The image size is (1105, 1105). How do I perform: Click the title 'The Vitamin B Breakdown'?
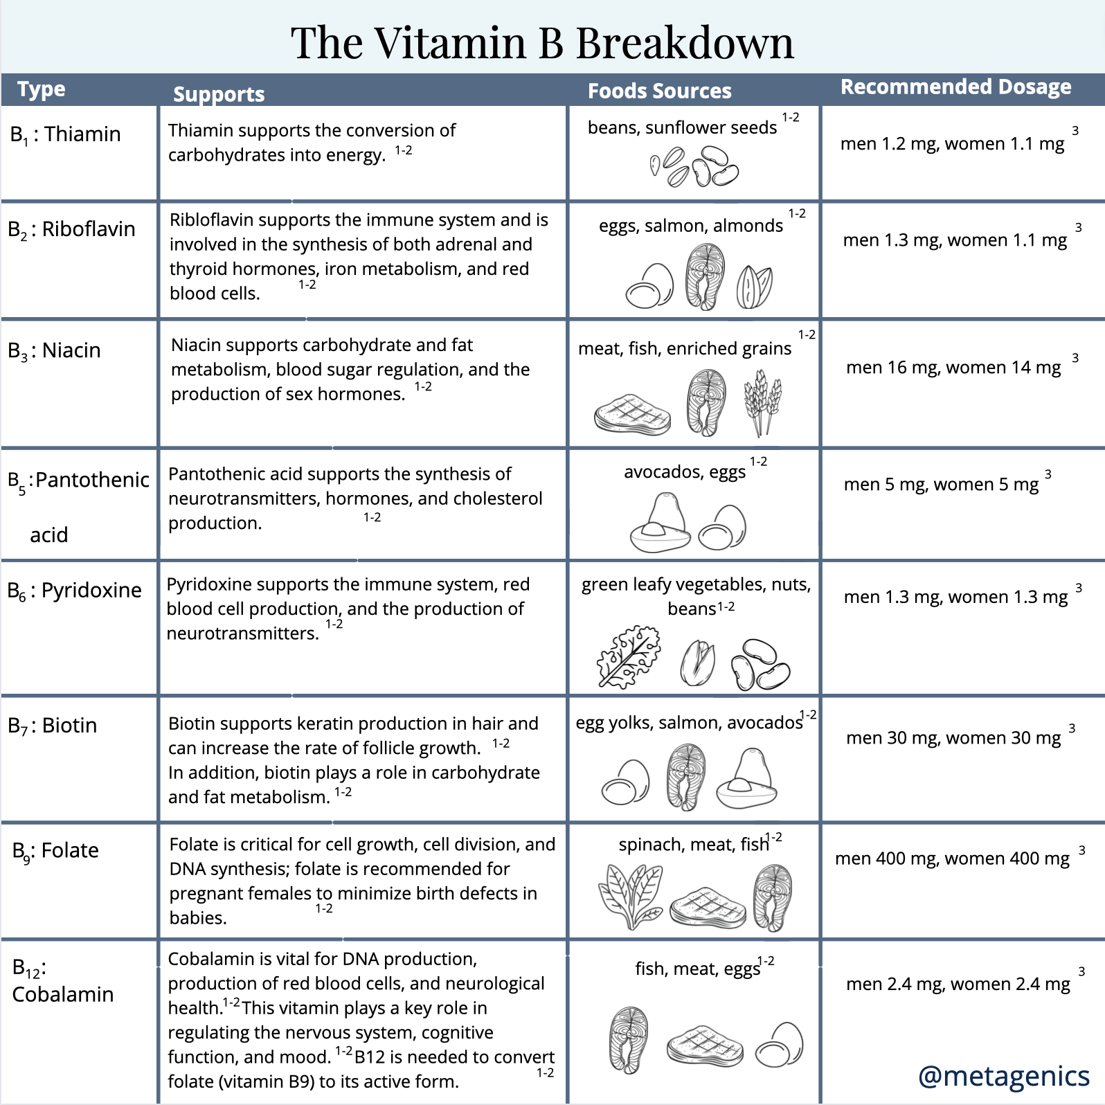[x=542, y=43]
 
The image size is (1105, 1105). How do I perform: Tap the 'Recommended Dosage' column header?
[x=955, y=87]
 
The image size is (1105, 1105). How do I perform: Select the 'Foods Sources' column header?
[x=659, y=91]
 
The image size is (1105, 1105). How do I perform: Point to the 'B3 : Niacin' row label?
[x=55, y=350]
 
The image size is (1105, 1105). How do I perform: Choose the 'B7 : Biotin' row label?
[x=53, y=725]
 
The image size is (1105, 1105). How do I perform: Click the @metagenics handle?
[x=1003, y=1075]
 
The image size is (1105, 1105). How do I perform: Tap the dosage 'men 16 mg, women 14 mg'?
[x=953, y=367]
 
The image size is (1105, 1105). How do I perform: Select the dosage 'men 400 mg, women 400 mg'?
[x=952, y=859]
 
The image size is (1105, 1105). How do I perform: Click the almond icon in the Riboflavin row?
[x=754, y=287]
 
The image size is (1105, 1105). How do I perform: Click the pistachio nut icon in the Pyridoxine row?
[x=697, y=663]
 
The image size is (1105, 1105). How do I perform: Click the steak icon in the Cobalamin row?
[x=705, y=1045]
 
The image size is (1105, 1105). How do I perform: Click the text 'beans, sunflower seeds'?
[x=682, y=127]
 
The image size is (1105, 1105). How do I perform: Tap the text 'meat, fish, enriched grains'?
[x=684, y=348]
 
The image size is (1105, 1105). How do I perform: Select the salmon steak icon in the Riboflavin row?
[x=705, y=277]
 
